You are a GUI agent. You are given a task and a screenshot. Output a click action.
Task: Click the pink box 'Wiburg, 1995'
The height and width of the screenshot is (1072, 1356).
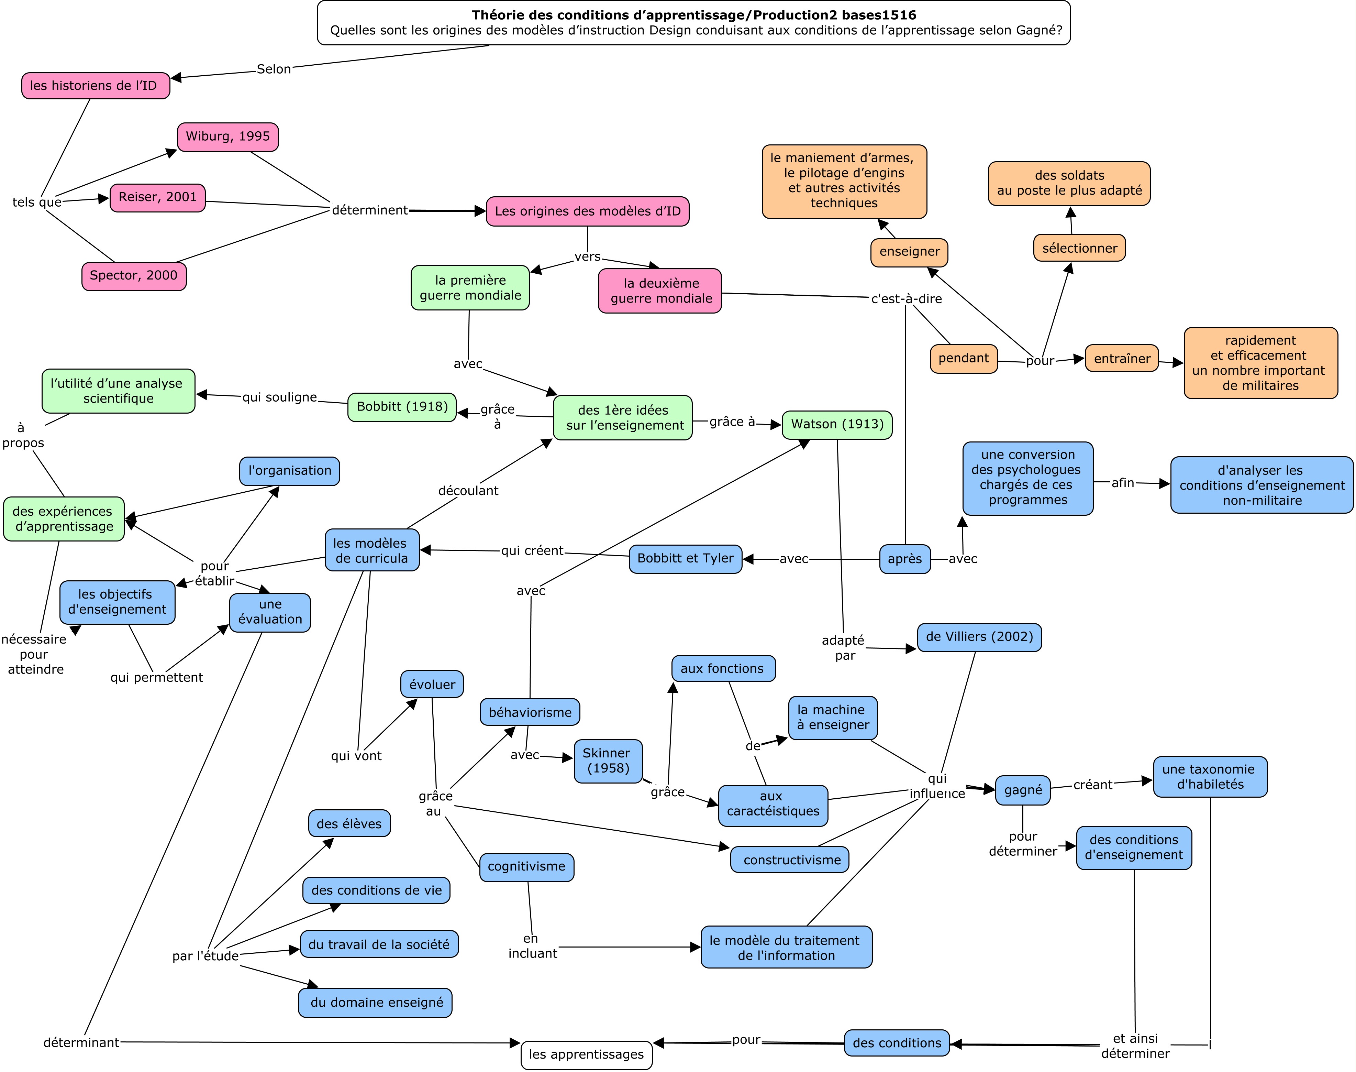228,137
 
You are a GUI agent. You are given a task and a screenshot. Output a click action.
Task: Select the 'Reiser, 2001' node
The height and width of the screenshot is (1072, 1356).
157,198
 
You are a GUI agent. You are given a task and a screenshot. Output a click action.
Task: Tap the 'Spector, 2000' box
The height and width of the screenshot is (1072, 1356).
134,276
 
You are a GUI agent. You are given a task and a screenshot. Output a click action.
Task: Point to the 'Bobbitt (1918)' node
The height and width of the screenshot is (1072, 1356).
402,407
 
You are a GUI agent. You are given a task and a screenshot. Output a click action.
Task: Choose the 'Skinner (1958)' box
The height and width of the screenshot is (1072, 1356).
608,761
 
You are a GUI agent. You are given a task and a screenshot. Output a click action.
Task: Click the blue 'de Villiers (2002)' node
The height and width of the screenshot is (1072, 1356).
979,637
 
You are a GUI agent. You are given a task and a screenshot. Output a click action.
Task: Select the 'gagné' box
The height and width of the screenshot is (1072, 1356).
1023,790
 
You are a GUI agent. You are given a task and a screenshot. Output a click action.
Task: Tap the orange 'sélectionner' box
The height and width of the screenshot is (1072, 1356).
1079,249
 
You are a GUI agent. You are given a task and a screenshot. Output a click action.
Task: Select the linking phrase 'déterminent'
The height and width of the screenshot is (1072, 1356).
370,210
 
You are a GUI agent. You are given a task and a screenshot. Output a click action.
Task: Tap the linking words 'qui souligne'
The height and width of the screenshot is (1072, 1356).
280,397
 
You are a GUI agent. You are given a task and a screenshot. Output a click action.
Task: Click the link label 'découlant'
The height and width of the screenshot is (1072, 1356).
468,491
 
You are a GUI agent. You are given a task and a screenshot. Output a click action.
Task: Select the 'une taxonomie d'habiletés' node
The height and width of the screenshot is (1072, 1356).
1210,777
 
